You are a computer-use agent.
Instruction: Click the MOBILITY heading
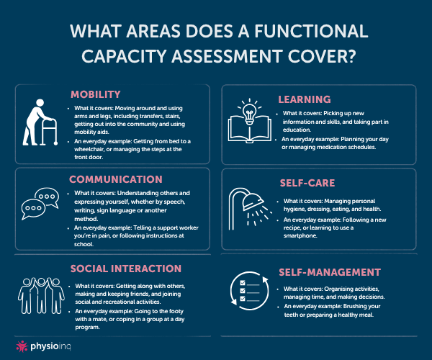(96, 94)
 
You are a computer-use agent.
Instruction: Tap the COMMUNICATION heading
(116, 179)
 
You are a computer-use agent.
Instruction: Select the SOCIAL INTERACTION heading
(126, 269)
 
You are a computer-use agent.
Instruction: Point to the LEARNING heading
(305, 99)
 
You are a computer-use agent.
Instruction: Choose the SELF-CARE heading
(307, 183)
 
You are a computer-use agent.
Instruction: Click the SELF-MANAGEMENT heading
(330, 272)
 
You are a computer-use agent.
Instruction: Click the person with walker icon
(40, 122)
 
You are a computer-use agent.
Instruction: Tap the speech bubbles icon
(40, 204)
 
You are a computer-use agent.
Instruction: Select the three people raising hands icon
(41, 295)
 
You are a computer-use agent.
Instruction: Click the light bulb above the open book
(250, 112)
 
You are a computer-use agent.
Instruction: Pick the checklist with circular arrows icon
(250, 291)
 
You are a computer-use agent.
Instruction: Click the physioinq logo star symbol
(22, 346)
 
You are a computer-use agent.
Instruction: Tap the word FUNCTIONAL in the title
(311, 31)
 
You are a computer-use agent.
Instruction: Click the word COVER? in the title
(322, 56)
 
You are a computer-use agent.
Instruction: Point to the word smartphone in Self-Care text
(300, 235)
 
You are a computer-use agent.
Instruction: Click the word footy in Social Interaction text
(176, 311)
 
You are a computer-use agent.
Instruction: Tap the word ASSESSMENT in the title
(228, 56)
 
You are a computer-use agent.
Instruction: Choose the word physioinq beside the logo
(50, 346)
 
